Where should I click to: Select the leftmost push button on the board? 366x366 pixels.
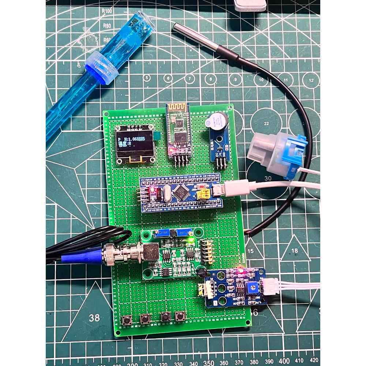click(127, 320)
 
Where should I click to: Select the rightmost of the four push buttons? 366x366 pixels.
click(179, 317)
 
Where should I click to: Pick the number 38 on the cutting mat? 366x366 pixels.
click(94, 317)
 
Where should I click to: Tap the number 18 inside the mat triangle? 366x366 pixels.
click(295, 251)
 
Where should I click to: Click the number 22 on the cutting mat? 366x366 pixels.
click(266, 123)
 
